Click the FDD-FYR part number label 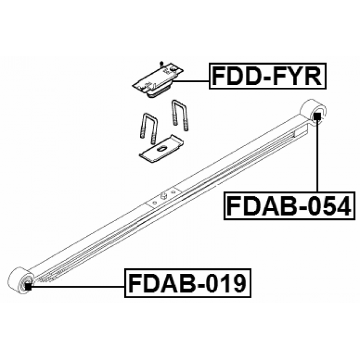268,76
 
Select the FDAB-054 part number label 290,206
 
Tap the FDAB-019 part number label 188,283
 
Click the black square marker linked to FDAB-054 317,116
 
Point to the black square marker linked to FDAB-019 28,286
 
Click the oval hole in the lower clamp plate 160,149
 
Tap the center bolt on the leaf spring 164,196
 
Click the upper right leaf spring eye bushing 313,111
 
